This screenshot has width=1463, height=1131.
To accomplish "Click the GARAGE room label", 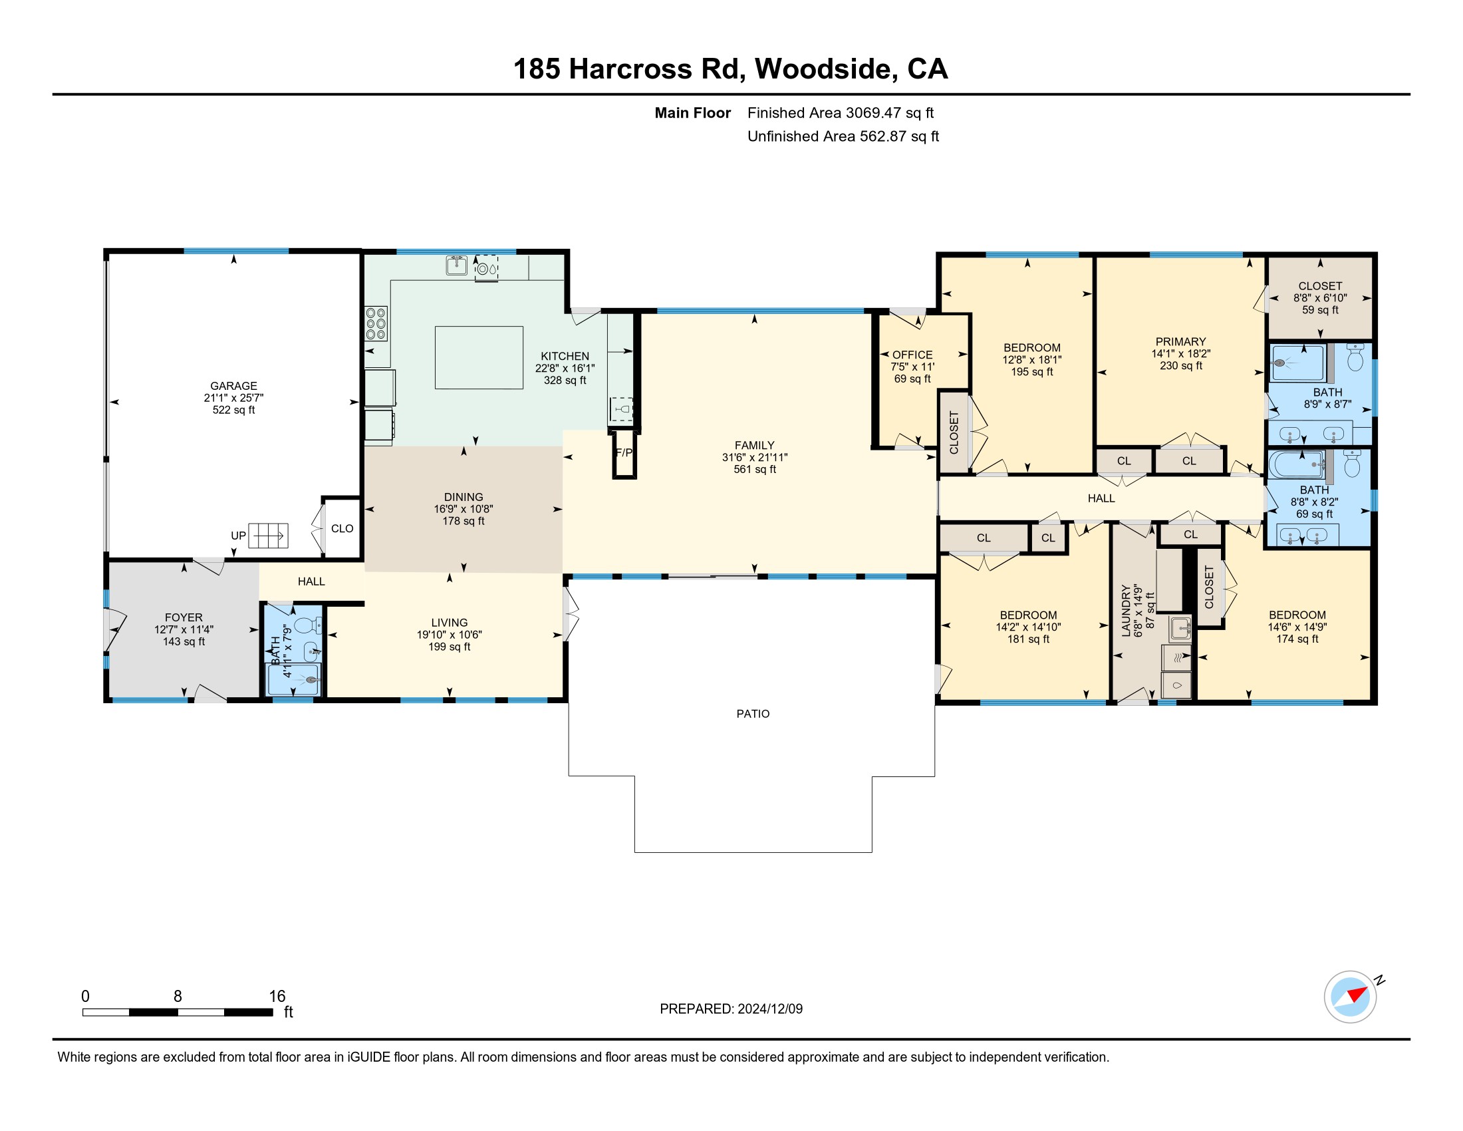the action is (x=234, y=386).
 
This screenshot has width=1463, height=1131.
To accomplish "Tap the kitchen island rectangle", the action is (x=479, y=358).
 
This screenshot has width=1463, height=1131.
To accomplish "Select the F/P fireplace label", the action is (x=624, y=453).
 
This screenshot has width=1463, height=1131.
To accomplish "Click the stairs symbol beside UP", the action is (x=268, y=536).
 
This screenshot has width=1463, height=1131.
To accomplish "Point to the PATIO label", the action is (x=753, y=714).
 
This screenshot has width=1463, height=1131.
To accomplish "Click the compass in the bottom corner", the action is (x=1351, y=997).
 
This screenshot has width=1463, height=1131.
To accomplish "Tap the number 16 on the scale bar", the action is (x=277, y=997).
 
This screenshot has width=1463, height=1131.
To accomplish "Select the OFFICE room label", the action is (x=912, y=355).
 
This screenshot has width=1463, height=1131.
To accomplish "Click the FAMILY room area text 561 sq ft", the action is (x=755, y=470).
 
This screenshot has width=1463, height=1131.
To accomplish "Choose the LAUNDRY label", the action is (x=1126, y=610).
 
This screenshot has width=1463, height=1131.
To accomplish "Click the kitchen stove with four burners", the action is (x=376, y=323).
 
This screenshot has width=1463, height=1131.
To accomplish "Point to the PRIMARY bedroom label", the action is (x=1180, y=342).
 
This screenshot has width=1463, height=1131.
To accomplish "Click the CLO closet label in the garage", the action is (x=342, y=529).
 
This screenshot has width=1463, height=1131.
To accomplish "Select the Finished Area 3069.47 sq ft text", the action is (x=841, y=113).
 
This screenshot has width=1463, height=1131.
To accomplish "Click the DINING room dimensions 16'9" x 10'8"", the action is (x=464, y=509).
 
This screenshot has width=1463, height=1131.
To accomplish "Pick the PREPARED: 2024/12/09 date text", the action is (x=731, y=1009).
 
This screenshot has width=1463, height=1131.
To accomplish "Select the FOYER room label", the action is (x=184, y=618).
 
